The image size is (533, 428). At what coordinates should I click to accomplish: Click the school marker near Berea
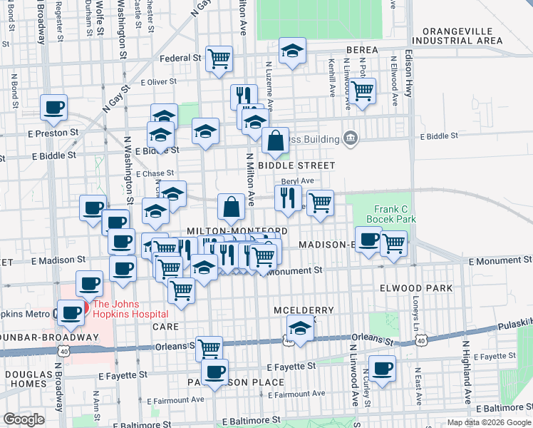pos(291,51)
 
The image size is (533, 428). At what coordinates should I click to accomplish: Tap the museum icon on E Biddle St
pos(350,137)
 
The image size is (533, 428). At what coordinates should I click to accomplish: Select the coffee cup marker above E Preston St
pos(53,108)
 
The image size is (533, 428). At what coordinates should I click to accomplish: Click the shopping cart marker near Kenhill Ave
pos(363,91)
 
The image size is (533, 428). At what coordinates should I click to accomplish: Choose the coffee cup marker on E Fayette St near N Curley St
pos(382,368)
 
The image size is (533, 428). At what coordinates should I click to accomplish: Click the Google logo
pos(23,419)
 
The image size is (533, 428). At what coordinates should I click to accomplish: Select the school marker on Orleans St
pos(301,329)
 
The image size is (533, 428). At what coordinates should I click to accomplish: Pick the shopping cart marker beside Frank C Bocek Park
pos(393,243)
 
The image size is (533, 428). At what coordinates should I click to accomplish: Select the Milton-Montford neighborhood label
pos(237,231)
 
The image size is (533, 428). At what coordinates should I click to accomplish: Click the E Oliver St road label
pos(157,82)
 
